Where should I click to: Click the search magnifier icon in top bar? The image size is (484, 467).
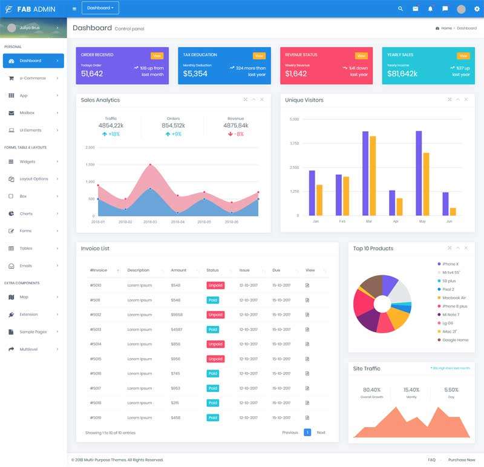[x=400, y=8]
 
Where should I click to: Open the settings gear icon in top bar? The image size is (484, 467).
[x=477, y=8]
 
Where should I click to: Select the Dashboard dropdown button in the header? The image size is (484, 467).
[x=100, y=8]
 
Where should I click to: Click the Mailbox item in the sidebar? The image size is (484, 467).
[x=27, y=113]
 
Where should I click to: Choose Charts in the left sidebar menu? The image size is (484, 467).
[x=26, y=214]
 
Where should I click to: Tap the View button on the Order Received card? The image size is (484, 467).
[x=157, y=56]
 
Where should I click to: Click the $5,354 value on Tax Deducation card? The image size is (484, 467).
[x=195, y=74]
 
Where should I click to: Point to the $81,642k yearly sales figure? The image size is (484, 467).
[x=402, y=74]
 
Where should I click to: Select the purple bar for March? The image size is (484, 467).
[x=365, y=173]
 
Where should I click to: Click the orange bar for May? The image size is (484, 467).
[x=427, y=184]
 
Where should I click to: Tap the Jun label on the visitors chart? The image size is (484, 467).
[x=449, y=221]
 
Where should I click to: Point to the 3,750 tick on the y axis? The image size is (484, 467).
[x=295, y=143]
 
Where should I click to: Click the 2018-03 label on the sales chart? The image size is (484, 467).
[x=150, y=222]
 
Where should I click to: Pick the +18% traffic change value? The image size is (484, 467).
[x=111, y=134]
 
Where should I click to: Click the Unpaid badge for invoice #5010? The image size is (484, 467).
[x=215, y=285]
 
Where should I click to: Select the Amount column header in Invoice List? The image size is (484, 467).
[x=178, y=270]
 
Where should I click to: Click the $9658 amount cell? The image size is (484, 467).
[x=177, y=315]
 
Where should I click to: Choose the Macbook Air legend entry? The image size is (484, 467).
[x=454, y=298]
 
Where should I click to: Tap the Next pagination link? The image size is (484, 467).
[x=321, y=433]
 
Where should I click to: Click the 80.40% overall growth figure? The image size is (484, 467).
[x=371, y=390]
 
